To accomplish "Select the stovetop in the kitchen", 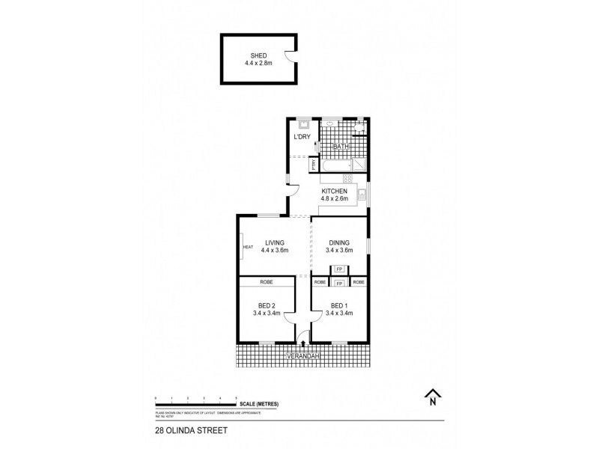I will pos(347,178).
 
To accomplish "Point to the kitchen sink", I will pos(362,196).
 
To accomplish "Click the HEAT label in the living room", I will pos(247,247).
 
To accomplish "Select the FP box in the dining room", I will pos(339,269).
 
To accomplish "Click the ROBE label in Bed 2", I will pos(266,282).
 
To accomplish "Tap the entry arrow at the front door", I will pos(302,342).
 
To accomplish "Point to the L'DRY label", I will pos(302,137).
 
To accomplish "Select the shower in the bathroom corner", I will pos(361,164).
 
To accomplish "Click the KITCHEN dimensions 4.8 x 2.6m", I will pos(334,200).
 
